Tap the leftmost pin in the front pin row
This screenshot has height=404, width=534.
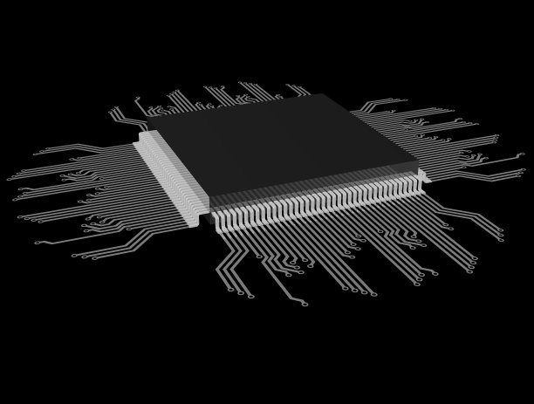pyautogui.click(x=216, y=216)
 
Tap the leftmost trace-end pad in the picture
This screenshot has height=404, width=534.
pyautogui.click(x=10, y=178)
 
